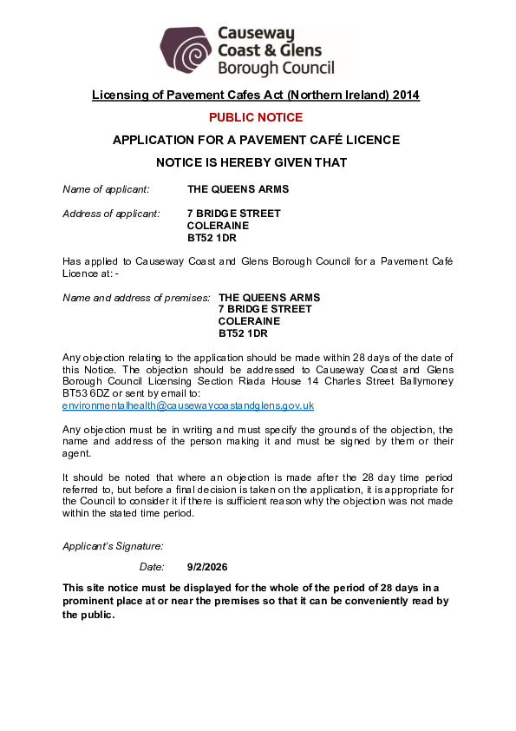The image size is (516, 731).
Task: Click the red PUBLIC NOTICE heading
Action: (x=256, y=117)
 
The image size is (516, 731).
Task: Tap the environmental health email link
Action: (x=188, y=405)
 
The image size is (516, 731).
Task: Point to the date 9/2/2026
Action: (x=206, y=567)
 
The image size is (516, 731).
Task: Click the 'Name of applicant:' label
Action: (x=106, y=189)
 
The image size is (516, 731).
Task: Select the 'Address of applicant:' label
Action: (x=111, y=214)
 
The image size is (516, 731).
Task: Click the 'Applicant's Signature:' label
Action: (x=113, y=546)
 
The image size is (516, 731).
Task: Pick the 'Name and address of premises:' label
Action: (x=136, y=298)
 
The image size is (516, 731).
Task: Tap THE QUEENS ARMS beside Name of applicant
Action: (x=238, y=189)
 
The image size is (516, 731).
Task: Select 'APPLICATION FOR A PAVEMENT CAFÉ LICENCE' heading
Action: (x=256, y=140)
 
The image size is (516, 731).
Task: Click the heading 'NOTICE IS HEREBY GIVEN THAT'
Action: (x=251, y=162)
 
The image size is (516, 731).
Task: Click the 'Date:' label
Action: (x=152, y=567)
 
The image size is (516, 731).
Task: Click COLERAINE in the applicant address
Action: (x=218, y=225)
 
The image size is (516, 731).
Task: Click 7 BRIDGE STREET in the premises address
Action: (x=265, y=309)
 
